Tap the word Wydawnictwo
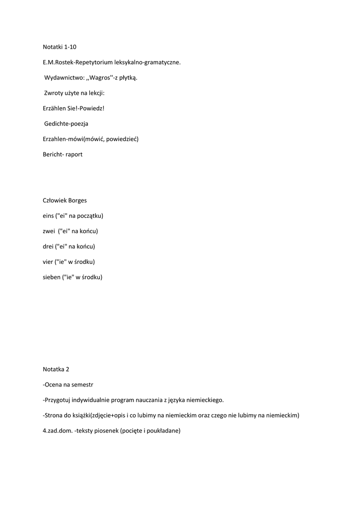62,77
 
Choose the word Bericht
53,154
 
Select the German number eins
49,216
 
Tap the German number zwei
49,231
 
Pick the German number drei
48,247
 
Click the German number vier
48,262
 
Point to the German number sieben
51,277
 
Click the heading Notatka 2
56,369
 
